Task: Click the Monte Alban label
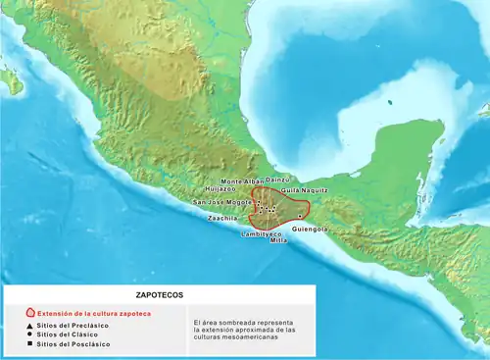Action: click(241, 181)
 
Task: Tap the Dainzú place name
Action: click(279, 180)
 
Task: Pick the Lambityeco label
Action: click(264, 234)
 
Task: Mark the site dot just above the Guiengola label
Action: click(300, 216)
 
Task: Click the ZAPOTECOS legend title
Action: click(158, 294)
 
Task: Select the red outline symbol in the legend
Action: click(29, 312)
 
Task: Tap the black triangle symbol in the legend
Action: click(29, 325)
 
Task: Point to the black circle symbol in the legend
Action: click(29, 334)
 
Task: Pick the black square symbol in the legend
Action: click(29, 344)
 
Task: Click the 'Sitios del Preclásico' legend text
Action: click(73, 325)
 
